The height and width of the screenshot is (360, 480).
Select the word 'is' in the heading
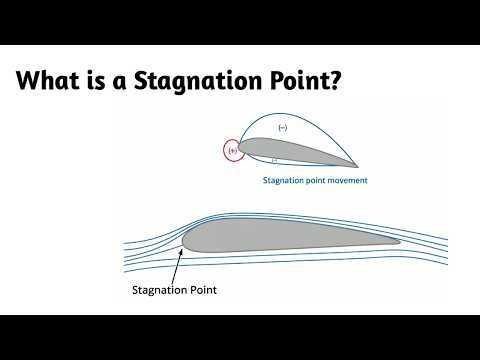[102, 81]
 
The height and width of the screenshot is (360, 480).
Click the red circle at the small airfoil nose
[234, 150]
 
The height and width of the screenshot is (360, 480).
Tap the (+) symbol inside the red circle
[234, 151]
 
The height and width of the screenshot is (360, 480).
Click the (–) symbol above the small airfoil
[282, 128]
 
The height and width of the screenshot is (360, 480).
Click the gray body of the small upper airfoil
[280, 149]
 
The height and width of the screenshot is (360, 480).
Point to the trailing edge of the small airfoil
[356, 165]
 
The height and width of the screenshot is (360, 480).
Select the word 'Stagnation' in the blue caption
[282, 181]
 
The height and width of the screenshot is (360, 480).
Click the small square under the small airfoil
[273, 161]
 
